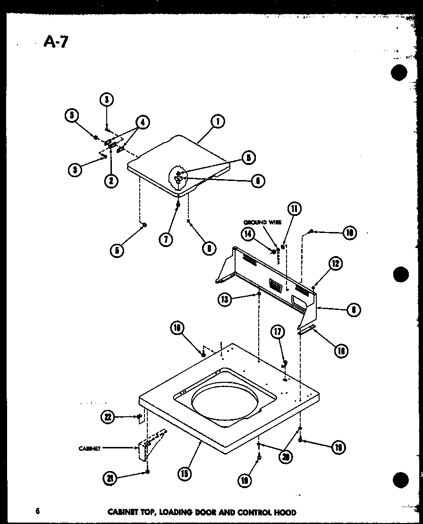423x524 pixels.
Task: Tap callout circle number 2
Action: (x=111, y=180)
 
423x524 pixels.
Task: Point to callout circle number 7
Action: (x=165, y=239)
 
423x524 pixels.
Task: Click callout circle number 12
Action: (x=336, y=264)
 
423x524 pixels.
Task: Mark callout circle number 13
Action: (x=225, y=299)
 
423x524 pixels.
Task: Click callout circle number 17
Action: (x=278, y=333)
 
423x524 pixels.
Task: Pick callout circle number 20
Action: (x=285, y=457)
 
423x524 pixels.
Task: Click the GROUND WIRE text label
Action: (x=262, y=222)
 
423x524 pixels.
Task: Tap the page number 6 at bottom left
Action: (x=37, y=511)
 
